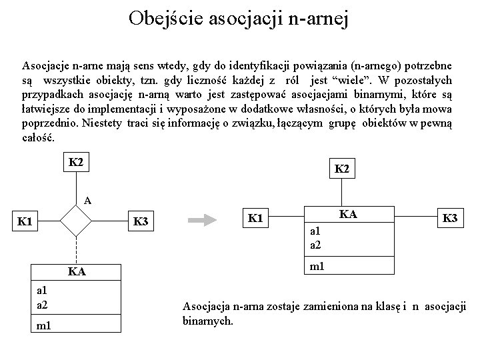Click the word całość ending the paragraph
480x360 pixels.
coord(38,138)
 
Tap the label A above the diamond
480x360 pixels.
coord(87,199)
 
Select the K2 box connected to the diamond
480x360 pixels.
coord(75,162)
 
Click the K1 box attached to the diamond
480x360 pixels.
coord(26,220)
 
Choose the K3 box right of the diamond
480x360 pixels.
coord(141,221)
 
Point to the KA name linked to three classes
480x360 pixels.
coord(347,214)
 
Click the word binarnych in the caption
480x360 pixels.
coord(208,321)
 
